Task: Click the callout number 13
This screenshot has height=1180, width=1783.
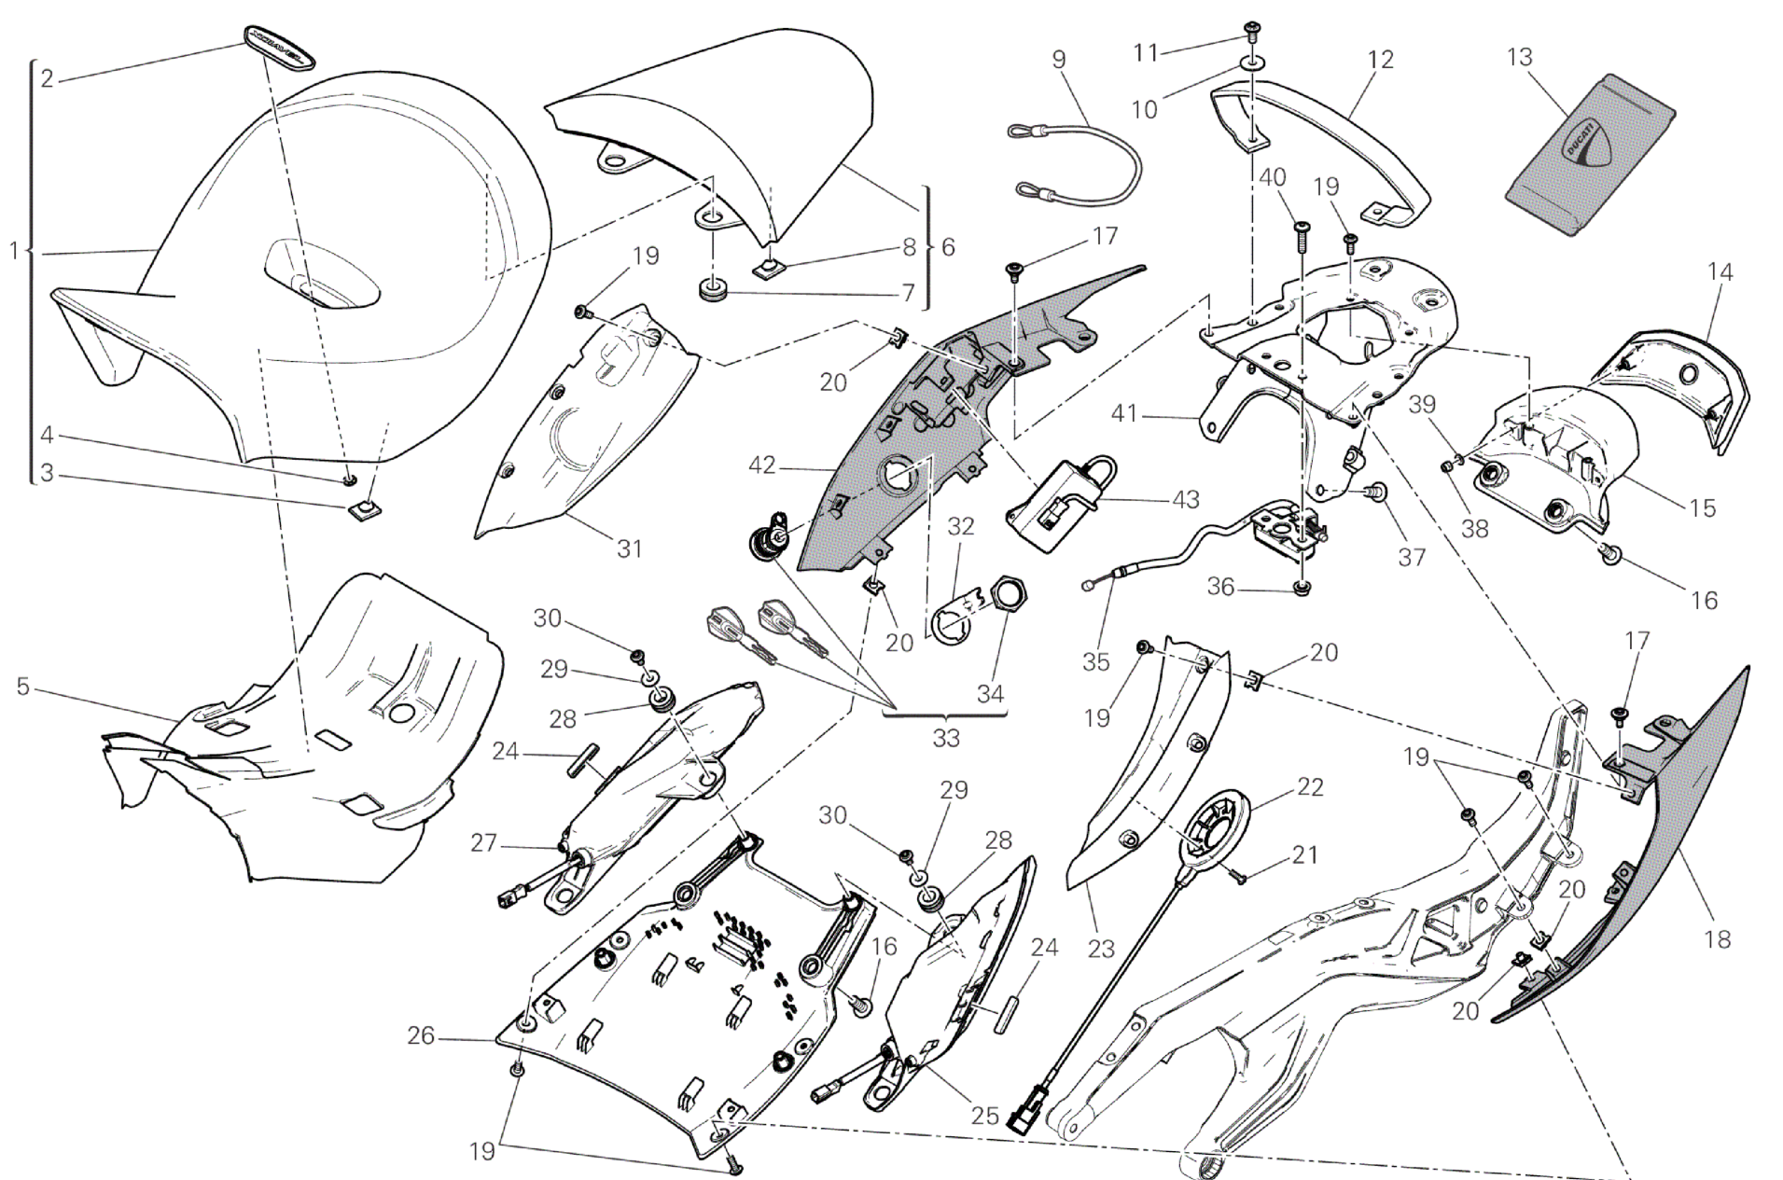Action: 1519,58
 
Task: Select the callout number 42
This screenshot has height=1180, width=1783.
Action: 762,465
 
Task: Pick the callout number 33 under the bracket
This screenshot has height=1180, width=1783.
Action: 945,738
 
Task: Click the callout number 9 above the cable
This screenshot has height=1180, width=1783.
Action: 1058,60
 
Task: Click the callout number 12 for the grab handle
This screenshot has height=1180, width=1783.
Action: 1380,60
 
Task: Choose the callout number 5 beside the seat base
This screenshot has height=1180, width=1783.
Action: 23,687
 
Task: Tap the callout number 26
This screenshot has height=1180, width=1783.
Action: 421,1035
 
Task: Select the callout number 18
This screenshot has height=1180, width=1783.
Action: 1717,939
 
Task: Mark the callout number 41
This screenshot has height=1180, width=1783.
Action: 1125,411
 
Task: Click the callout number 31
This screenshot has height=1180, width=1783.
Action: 630,548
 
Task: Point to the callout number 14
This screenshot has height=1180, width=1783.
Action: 1720,272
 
